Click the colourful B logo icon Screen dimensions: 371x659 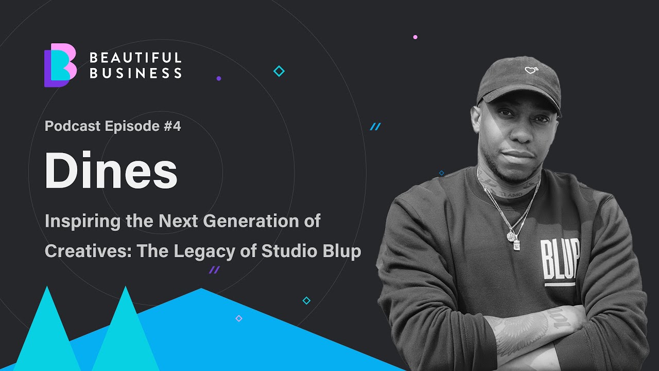tap(60, 65)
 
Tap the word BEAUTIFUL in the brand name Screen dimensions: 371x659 tap(135, 57)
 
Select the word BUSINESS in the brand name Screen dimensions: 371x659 tap(135, 74)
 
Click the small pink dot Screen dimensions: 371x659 tap(415, 37)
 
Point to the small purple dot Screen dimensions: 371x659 tap(219, 79)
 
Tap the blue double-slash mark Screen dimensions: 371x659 tap(375, 127)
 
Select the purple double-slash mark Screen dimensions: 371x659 tap(214, 270)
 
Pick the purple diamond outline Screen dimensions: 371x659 tap(238, 318)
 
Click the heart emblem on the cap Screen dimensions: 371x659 tap(531, 70)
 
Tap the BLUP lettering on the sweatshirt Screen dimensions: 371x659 tap(560, 260)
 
